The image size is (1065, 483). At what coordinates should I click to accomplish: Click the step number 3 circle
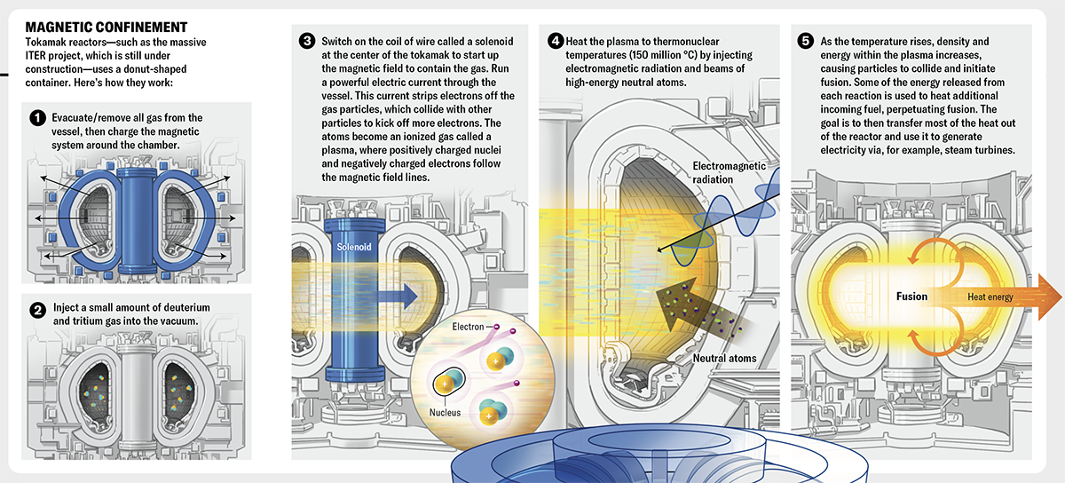(x=307, y=41)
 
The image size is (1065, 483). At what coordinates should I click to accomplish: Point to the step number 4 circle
(x=556, y=41)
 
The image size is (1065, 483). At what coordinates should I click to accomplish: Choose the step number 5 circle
(x=804, y=41)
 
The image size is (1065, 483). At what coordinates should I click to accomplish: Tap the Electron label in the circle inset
(x=468, y=328)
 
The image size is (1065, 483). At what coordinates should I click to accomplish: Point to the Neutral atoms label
(x=723, y=359)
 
